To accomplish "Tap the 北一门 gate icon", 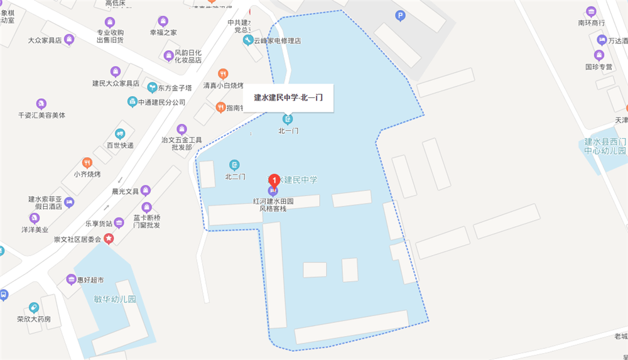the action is click(288, 119).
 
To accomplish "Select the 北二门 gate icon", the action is click(235, 165).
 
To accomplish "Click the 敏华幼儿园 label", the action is click(114, 299).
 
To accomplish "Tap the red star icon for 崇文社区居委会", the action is click(109, 239).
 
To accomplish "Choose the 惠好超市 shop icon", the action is click(71, 280).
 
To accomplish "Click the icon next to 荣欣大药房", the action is click(34, 308).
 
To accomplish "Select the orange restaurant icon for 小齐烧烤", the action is click(87, 163).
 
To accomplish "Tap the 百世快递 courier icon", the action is click(120, 134).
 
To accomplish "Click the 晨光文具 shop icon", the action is click(146, 190).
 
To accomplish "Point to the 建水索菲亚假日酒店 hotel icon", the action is click(69, 202).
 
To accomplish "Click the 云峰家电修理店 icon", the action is click(248, 40).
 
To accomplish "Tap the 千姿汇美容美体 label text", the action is click(42, 116).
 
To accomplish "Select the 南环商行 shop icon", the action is click(591, 12).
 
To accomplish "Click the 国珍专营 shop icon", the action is click(599, 55).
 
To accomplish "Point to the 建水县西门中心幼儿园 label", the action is click(605, 146).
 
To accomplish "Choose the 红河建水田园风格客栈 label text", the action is click(273, 205).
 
